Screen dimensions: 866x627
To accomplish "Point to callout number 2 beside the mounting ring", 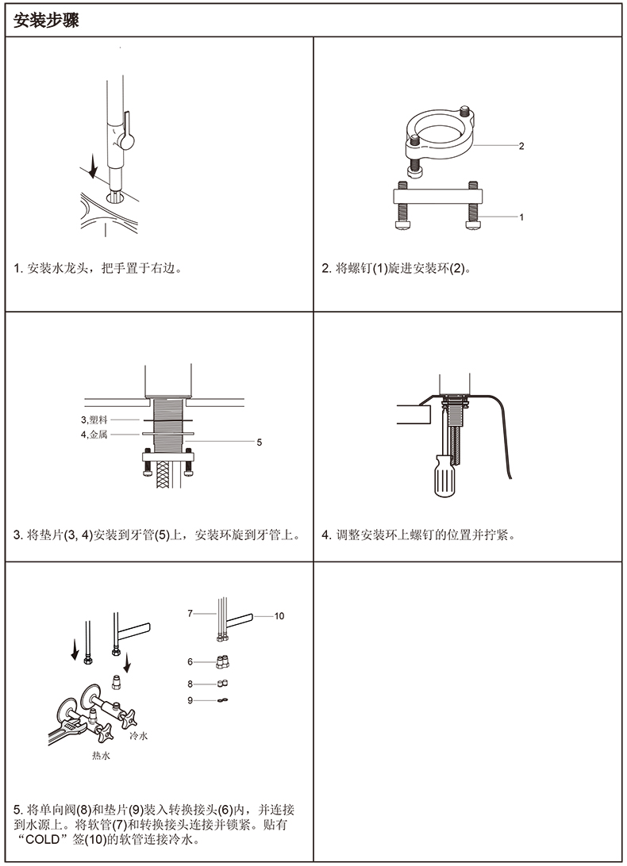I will [x=521, y=146].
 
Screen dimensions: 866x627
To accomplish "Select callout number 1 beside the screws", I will [x=521, y=216].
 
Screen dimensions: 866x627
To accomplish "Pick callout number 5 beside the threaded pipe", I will [x=259, y=443].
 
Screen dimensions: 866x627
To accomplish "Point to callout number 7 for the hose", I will [x=190, y=613].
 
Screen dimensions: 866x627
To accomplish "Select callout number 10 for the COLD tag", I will [x=279, y=616].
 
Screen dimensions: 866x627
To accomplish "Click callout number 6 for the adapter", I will [x=190, y=661].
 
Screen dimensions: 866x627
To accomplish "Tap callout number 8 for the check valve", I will [x=190, y=684].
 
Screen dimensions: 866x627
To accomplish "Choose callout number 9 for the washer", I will [x=190, y=699].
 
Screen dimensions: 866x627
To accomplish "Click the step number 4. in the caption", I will [x=326, y=535].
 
